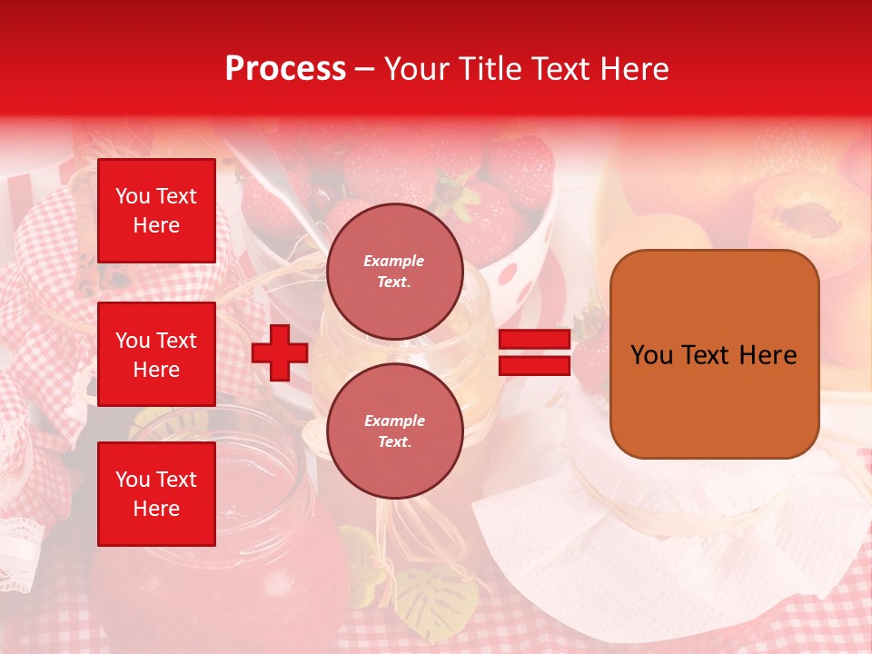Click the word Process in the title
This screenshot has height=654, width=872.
(285, 69)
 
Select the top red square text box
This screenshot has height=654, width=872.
(156, 211)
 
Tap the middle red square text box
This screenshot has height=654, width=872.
(156, 354)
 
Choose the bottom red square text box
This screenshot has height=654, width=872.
(156, 494)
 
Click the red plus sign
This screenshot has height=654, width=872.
(280, 353)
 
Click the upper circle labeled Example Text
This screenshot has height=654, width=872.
(394, 272)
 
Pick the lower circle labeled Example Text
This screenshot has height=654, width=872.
(394, 431)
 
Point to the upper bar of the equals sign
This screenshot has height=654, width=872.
(534, 340)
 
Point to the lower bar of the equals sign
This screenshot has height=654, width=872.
(534, 365)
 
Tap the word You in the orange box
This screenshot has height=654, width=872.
(651, 355)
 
